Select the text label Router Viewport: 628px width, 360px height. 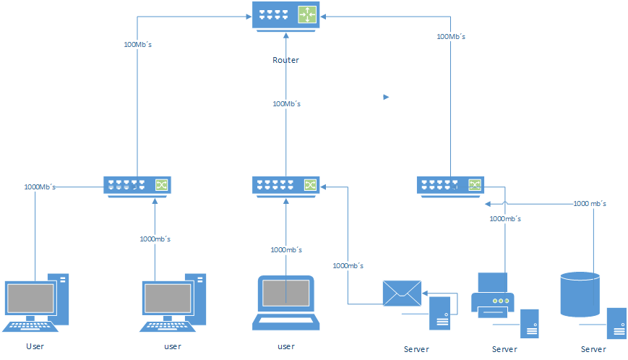point(285,60)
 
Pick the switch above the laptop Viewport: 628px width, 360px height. point(286,186)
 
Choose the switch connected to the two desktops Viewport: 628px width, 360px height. point(136,186)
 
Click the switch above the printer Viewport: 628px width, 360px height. point(450,186)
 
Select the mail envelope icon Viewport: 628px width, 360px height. point(402,292)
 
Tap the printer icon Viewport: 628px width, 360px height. point(492,296)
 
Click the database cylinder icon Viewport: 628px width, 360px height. point(580,294)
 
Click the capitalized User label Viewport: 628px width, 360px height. point(35,346)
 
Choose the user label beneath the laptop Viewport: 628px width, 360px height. point(286,346)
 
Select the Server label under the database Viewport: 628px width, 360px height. point(593,349)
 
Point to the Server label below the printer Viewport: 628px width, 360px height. point(504,349)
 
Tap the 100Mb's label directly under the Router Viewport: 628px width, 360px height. point(286,104)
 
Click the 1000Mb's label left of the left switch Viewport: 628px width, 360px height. point(40,187)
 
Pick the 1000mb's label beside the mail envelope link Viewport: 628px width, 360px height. point(348,265)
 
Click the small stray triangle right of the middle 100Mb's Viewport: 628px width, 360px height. point(386,96)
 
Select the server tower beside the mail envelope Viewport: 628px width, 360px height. point(441,313)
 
